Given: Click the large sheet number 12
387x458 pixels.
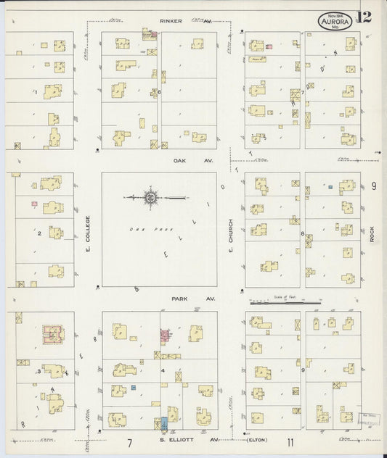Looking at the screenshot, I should point(363,17).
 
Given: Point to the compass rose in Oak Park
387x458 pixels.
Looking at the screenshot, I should point(151,196).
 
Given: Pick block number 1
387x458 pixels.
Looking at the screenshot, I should point(34,92).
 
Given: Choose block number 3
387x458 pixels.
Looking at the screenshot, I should point(38,371).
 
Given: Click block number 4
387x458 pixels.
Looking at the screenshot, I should point(161,371).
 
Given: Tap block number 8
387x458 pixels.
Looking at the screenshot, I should point(302,233).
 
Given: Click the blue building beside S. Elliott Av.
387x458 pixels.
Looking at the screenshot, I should point(164,422).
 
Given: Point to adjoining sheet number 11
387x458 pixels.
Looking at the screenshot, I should point(289,442).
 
